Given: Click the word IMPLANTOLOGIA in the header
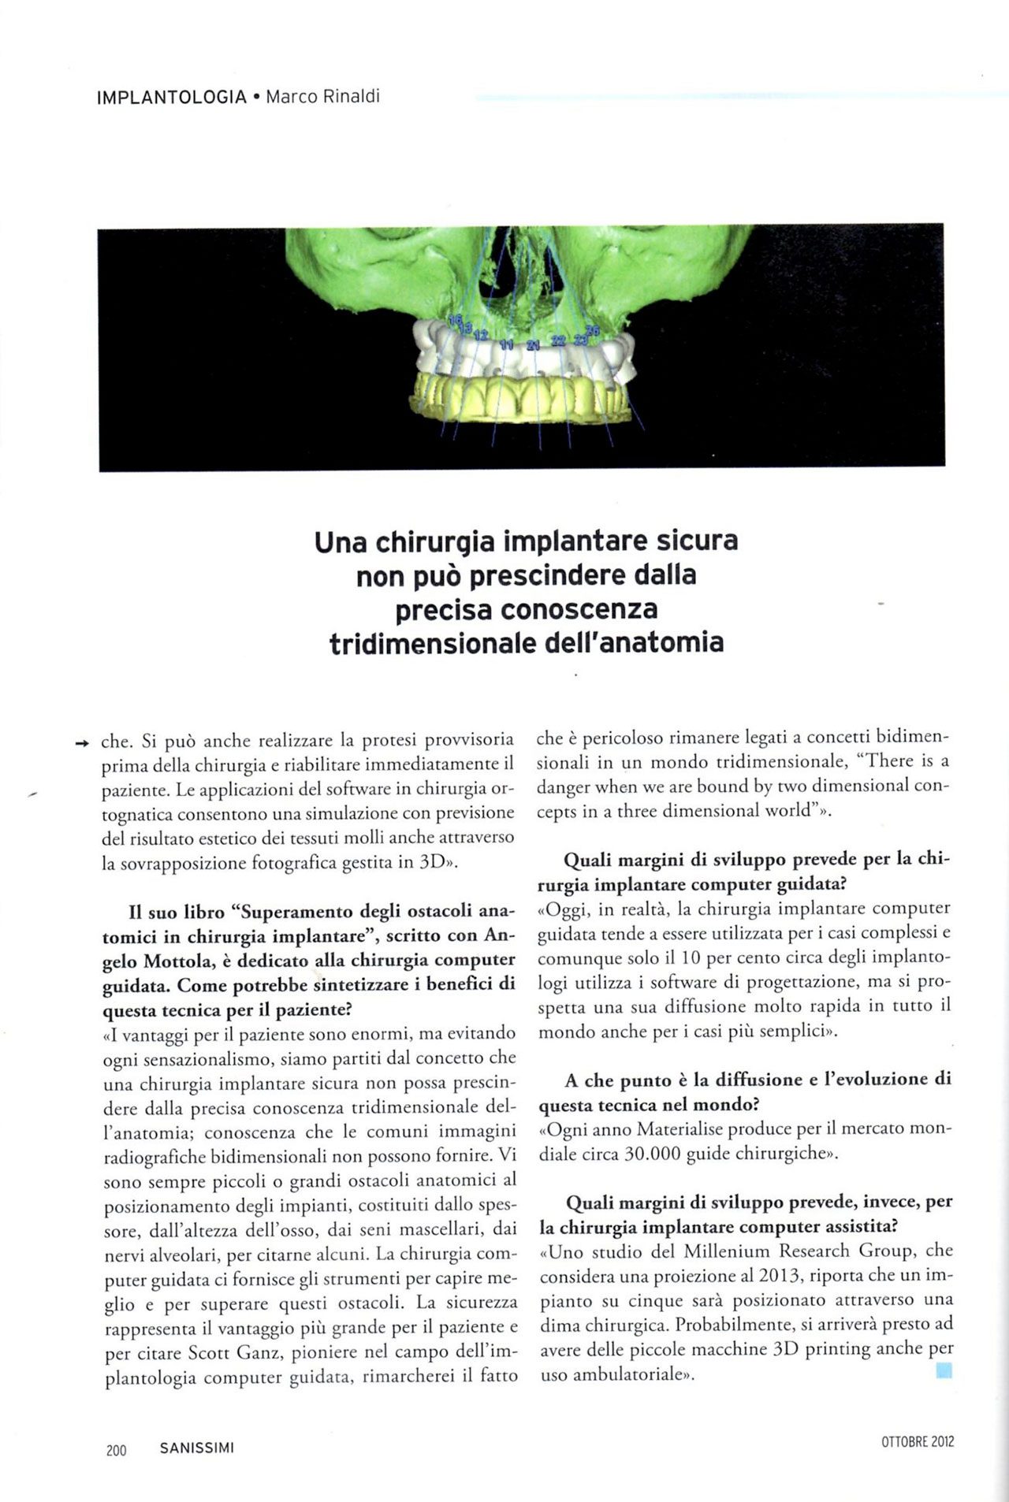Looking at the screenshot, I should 171,98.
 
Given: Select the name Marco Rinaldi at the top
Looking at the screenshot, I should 322,98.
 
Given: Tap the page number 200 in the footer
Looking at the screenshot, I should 116,1449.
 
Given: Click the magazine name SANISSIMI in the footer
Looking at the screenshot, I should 196,1448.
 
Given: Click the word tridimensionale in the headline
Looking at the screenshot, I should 433,643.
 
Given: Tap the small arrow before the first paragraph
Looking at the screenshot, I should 78,742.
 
